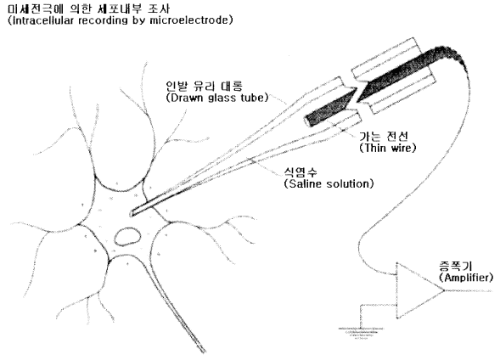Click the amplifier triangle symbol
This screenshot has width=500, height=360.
(414, 290)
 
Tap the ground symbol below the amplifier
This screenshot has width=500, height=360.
(361, 332)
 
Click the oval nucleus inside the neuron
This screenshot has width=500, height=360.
(127, 237)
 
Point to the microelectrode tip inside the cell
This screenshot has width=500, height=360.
(131, 214)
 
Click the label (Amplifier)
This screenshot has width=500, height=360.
(466, 278)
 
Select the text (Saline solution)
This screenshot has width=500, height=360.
(329, 183)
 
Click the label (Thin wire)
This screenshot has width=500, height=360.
(387, 148)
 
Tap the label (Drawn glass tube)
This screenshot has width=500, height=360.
(217, 98)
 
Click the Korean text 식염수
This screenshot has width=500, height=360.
(301, 172)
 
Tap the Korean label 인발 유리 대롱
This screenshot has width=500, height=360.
(204, 86)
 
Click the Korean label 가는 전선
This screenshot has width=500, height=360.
(384, 136)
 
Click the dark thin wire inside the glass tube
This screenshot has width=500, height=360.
(329, 108)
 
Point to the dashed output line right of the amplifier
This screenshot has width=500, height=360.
(469, 290)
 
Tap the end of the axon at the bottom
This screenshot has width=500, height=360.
(204, 352)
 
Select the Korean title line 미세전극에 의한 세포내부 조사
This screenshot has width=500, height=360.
(88, 8)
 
